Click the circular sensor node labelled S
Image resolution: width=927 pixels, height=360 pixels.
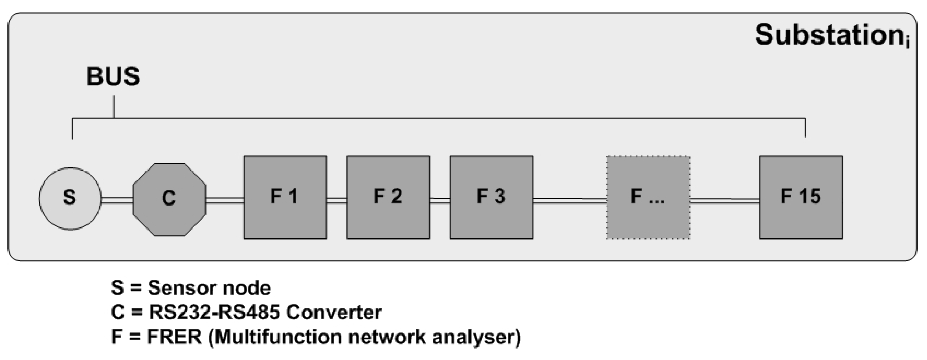pos(70,198)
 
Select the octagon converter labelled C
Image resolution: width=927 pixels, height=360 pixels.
pos(169,199)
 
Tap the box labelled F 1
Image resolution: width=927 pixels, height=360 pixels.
pos(285,197)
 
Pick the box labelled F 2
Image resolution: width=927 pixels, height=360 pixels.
pos(388,197)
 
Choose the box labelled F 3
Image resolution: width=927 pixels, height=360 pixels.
pos(492,197)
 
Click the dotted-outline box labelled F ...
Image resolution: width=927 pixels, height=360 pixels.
pos(648,197)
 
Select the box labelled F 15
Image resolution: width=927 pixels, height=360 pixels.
pos(801,197)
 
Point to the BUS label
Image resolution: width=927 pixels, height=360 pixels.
pos(113,77)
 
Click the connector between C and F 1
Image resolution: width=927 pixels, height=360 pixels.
pos(225,200)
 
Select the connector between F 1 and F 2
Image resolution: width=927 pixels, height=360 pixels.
pos(337,200)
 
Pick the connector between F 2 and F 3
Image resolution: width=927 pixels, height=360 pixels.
pos(440,200)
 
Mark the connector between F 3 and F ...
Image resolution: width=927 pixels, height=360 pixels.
pos(570,200)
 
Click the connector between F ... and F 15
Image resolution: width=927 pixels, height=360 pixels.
pos(725,200)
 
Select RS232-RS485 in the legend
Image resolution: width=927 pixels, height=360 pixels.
pos(214,312)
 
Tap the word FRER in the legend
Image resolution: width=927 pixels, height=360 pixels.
pos(174,337)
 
